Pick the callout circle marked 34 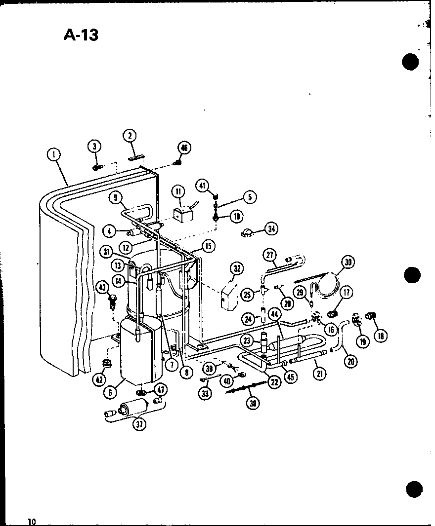[x=271, y=228]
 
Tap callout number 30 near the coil [x=348, y=263]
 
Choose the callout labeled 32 [x=237, y=268]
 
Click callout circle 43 [x=102, y=287]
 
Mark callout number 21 [x=320, y=374]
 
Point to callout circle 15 [x=209, y=245]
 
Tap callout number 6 [x=110, y=392]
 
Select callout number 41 [x=202, y=186]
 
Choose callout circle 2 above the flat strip [x=130, y=136]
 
